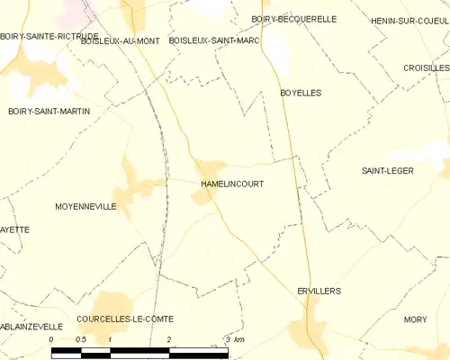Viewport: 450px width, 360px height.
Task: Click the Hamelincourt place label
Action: click(x=232, y=183)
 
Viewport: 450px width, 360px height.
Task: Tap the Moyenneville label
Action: click(x=85, y=206)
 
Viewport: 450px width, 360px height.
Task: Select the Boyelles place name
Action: click(x=301, y=93)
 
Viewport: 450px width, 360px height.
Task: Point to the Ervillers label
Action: click(x=319, y=291)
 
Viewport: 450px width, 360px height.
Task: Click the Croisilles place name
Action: click(x=427, y=67)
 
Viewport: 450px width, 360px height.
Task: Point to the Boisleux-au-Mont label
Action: click(x=120, y=40)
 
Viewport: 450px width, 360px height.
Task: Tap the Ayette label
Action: click(x=14, y=229)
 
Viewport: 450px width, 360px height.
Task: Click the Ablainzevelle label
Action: click(x=31, y=326)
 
